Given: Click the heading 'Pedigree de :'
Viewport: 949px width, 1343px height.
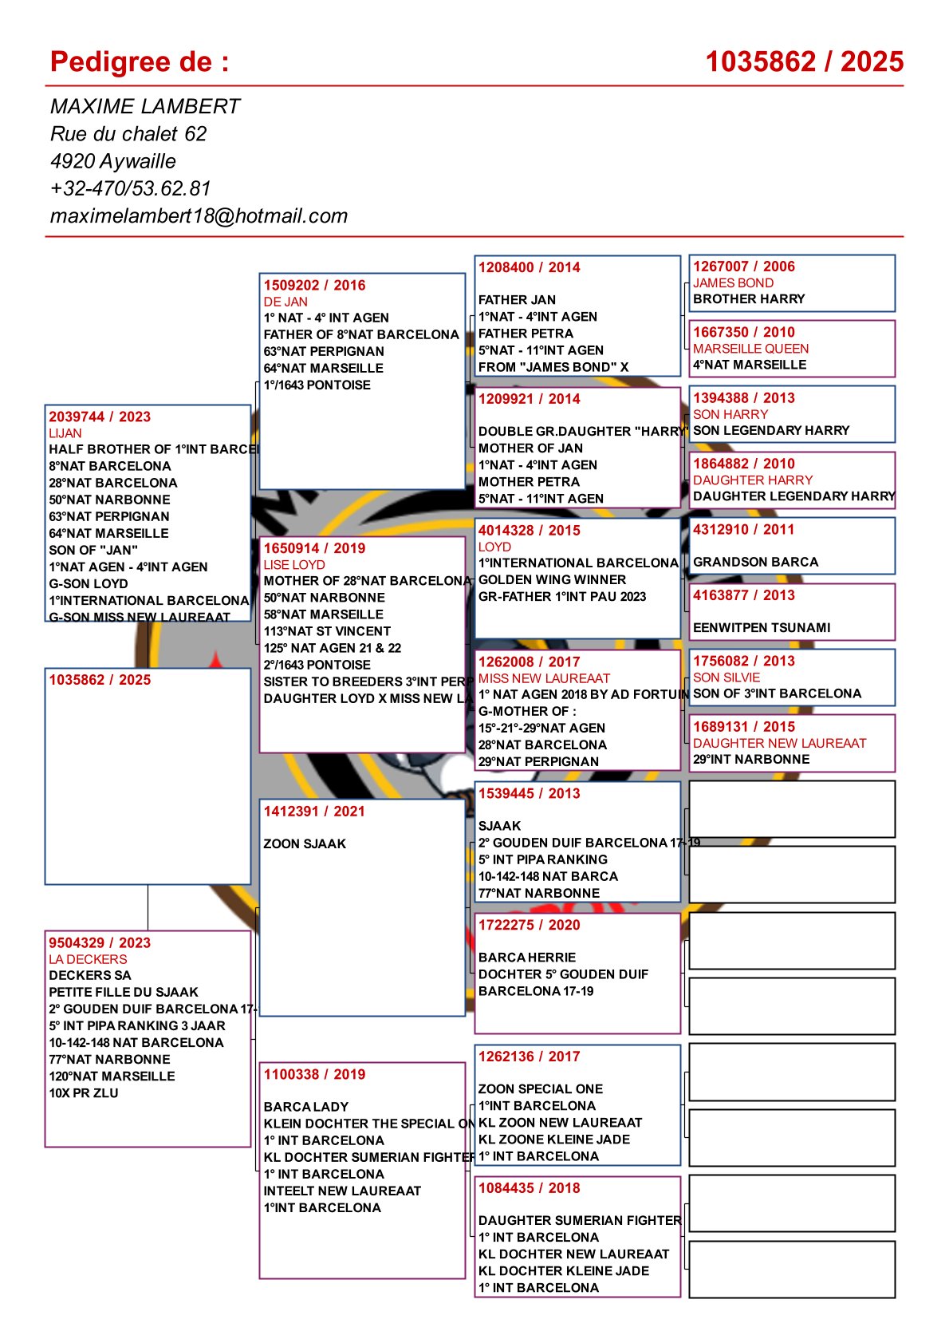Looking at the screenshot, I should pyautogui.click(x=140, y=61).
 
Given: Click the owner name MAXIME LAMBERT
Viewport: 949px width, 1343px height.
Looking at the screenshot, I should pyautogui.click(x=144, y=106).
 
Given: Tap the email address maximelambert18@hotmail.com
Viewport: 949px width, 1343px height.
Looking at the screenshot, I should pyautogui.click(x=199, y=215).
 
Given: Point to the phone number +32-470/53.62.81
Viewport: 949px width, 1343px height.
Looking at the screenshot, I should pyautogui.click(x=130, y=188).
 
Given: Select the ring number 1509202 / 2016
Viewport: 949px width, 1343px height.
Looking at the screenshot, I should pyautogui.click(x=314, y=285).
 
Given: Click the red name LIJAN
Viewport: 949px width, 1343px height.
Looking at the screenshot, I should pyautogui.click(x=65, y=433).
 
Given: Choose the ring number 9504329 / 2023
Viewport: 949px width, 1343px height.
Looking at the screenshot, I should pyautogui.click(x=100, y=942).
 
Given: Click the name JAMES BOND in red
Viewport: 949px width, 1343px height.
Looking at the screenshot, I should pyautogui.click(x=733, y=282).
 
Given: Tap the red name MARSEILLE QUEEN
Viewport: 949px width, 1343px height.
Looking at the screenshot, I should pyautogui.click(x=750, y=349).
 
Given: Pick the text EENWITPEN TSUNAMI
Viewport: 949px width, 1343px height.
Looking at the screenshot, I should pyautogui.click(x=762, y=628).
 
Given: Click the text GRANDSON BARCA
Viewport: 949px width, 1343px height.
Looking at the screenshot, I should pyautogui.click(x=755, y=562).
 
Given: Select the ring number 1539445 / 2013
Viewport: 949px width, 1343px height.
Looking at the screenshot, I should pyautogui.click(x=529, y=793).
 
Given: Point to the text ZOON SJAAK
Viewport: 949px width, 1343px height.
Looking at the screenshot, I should pyautogui.click(x=305, y=843).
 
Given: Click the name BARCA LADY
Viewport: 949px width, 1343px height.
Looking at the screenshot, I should pyautogui.click(x=306, y=1107).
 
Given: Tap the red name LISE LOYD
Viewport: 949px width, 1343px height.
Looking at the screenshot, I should pyautogui.click(x=294, y=564).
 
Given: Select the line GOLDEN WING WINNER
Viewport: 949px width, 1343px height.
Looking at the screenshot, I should pyautogui.click(x=552, y=579).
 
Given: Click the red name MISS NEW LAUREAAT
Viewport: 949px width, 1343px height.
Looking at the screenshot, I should pyautogui.click(x=544, y=678).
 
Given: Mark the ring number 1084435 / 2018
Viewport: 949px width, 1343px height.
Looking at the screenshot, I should pyautogui.click(x=529, y=1187).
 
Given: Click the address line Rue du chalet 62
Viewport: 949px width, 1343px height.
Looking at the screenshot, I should pyautogui.click(x=128, y=133).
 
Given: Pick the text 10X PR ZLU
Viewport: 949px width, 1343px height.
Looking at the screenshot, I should pyautogui.click(x=84, y=1093).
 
